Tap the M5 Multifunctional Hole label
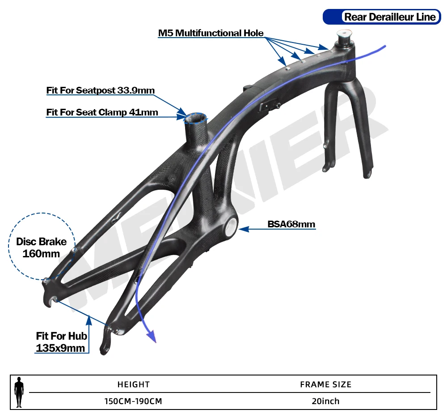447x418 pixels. [x=211, y=33]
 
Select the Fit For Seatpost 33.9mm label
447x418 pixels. [x=101, y=90]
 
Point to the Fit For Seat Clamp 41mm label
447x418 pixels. [x=102, y=112]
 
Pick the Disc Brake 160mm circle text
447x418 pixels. [x=41, y=247]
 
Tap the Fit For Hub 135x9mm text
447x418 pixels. [x=61, y=341]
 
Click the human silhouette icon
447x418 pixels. [x=19, y=392]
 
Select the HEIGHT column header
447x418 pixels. [x=134, y=384]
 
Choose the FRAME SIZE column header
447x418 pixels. [x=325, y=384]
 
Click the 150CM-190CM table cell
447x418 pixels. [x=133, y=401]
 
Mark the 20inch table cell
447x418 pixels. [x=325, y=401]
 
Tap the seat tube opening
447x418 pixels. [x=197, y=118]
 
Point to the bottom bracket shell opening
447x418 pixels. [x=230, y=227]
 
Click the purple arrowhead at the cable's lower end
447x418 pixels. [x=152, y=336]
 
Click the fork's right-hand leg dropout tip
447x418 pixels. [x=367, y=174]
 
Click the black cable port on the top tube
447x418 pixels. [x=267, y=106]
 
